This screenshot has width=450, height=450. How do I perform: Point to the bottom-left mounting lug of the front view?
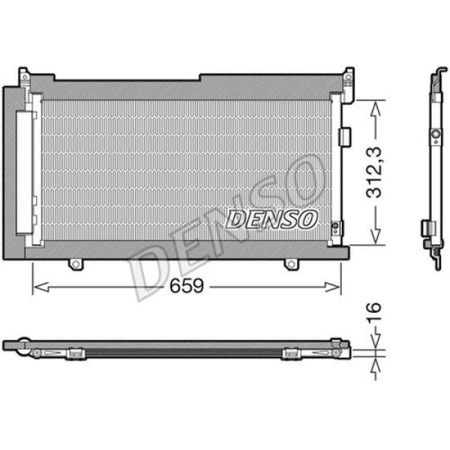pyautogui.click(x=75, y=265)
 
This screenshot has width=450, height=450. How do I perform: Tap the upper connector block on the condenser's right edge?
pyautogui.click(x=345, y=136)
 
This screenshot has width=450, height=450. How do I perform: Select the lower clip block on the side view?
pyautogui.click(x=427, y=228)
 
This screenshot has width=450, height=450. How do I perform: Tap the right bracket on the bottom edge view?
pyautogui.click(x=292, y=353)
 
